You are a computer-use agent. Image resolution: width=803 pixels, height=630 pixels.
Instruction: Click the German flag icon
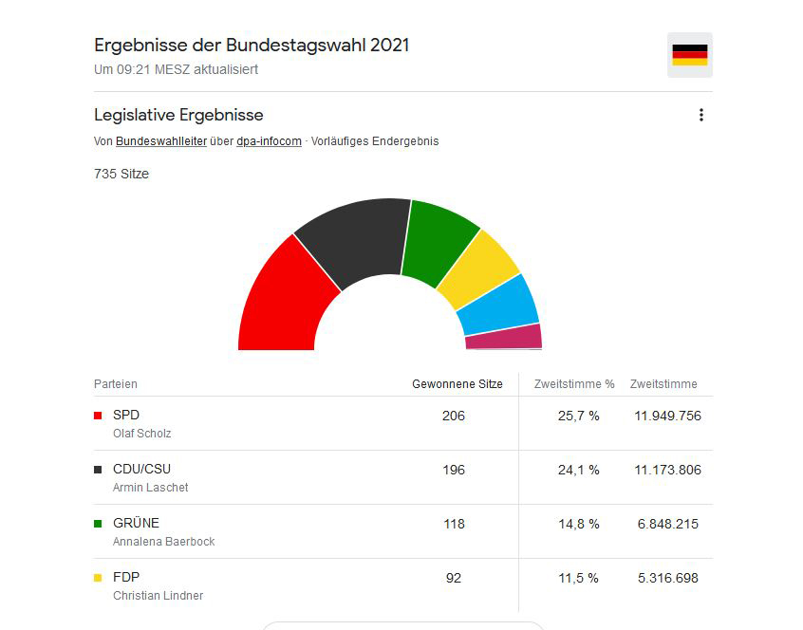click(689, 55)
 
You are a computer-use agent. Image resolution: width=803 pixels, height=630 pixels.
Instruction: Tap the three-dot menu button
click(701, 115)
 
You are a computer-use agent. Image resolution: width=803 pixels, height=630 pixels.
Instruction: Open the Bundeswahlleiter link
click(161, 141)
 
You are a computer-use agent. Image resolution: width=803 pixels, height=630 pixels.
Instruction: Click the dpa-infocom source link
click(269, 141)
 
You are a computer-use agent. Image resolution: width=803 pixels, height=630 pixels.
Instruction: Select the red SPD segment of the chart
click(284, 302)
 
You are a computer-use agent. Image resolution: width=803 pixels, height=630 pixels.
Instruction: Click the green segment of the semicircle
click(438, 241)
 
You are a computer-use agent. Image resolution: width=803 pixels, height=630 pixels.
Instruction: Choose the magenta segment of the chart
click(504, 337)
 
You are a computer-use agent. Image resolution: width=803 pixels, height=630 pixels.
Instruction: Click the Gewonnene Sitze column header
click(458, 384)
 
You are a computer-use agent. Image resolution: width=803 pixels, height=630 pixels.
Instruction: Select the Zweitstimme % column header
click(574, 384)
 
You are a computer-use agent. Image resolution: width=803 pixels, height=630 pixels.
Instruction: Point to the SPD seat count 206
click(454, 416)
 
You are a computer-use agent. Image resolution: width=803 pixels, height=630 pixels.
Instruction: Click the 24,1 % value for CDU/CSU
click(579, 470)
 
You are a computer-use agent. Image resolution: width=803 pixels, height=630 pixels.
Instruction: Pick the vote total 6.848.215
click(668, 524)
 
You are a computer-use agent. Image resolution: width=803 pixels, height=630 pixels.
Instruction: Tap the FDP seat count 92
click(454, 578)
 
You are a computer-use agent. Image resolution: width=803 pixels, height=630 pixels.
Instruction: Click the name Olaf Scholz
click(141, 434)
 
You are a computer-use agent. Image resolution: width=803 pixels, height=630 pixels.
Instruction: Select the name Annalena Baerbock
click(164, 542)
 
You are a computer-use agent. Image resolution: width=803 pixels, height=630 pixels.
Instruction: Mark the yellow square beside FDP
click(98, 578)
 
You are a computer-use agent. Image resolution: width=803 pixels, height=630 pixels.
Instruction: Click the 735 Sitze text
click(121, 174)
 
